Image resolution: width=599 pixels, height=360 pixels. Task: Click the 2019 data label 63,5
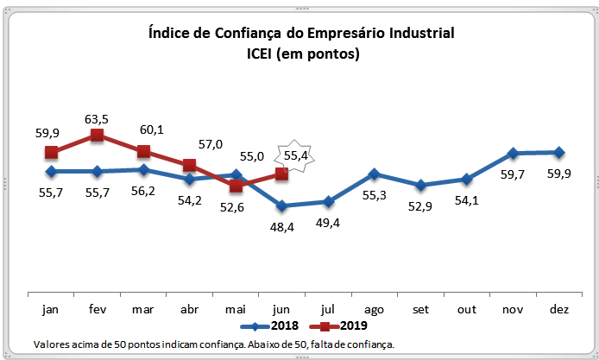click(97, 117)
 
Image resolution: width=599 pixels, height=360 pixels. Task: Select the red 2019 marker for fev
click(97, 136)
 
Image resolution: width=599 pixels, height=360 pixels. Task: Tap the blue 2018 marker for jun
click(281, 205)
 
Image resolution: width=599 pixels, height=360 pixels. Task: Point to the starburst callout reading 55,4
click(291, 156)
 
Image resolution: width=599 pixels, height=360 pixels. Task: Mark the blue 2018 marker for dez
click(558, 152)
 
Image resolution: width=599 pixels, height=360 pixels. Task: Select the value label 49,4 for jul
click(328, 224)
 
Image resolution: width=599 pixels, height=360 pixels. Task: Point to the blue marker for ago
click(374, 174)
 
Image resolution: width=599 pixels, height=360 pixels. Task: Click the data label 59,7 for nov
click(512, 174)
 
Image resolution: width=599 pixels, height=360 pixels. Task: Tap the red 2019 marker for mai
click(236, 186)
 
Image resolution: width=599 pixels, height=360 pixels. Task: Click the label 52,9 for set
click(420, 205)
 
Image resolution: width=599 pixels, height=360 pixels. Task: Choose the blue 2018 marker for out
click(466, 179)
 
